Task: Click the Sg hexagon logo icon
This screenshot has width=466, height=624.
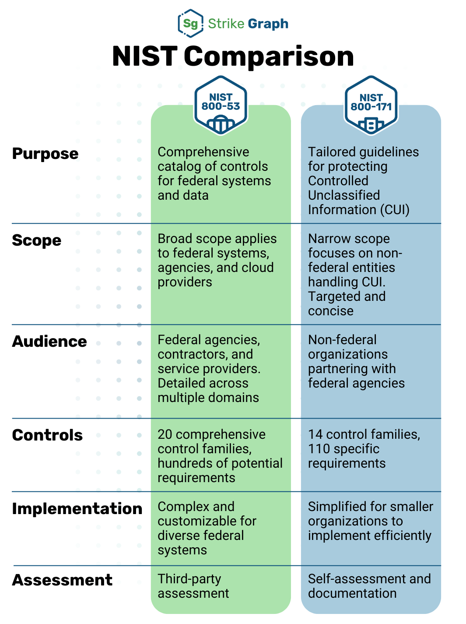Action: coord(190,23)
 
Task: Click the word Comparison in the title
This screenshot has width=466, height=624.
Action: coord(269,56)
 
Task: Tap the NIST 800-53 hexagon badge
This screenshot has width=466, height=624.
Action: coord(221,106)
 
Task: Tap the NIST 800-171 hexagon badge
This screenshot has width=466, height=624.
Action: coord(371,106)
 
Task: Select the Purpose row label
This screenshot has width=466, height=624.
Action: coord(45,154)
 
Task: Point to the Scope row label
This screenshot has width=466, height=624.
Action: coord(37,240)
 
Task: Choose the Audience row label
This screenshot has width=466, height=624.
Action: coord(49,342)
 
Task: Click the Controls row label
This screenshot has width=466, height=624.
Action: coord(47,435)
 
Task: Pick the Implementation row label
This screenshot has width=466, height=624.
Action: coord(77,509)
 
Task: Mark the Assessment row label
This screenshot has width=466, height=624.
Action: coord(62,580)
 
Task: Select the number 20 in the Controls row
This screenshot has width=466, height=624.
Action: coord(165,434)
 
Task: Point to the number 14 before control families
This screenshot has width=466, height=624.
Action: coord(315,434)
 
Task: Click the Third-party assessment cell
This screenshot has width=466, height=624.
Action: coord(193,586)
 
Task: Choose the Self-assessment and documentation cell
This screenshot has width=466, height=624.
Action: coord(369,586)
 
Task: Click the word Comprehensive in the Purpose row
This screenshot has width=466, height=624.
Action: coord(203,152)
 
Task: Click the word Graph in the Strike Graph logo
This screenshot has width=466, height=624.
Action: coord(267,24)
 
